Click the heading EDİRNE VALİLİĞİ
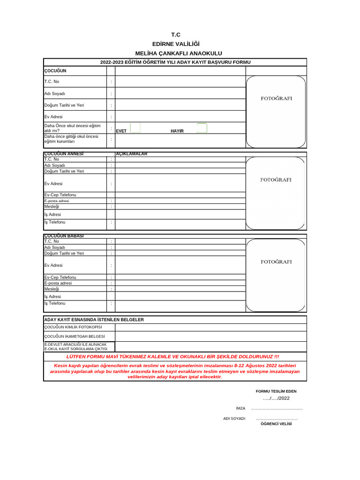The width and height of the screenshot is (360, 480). pos(175,45)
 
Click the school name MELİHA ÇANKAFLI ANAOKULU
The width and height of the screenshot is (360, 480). pos(175,54)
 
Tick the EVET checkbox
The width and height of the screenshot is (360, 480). pos(135,128)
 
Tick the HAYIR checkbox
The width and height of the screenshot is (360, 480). pos(202,128)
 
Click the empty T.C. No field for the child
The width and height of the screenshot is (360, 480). pos(180,82)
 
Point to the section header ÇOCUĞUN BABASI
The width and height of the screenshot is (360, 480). pos(64,236)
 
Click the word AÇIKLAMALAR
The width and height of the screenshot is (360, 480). pos(132,154)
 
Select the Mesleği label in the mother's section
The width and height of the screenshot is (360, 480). pos(52,206)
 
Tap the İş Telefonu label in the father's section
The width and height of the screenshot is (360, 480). pos(55,304)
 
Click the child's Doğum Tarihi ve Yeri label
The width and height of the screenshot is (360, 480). pos(64,105)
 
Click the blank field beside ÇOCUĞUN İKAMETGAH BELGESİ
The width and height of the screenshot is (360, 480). pos(210,336)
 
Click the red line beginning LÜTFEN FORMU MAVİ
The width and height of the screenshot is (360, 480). pos(175,357)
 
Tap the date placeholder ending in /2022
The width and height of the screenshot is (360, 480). pos(276,398)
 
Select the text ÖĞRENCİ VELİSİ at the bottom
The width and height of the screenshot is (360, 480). pos(276,423)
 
